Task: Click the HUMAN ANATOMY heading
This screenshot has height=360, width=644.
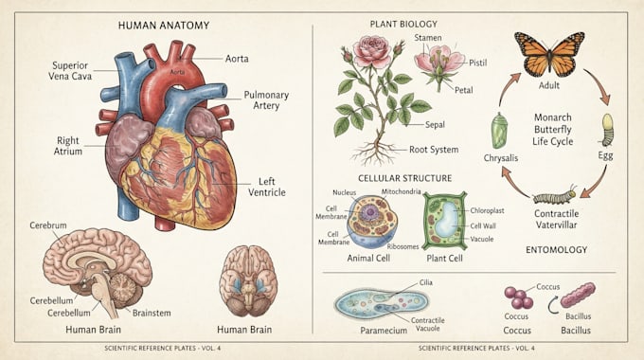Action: click(164, 26)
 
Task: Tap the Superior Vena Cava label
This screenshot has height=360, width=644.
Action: click(70, 71)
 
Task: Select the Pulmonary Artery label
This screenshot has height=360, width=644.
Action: click(266, 99)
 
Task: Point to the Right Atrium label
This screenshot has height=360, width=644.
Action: click(68, 146)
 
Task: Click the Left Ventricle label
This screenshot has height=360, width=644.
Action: click(266, 187)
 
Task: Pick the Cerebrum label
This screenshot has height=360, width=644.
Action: click(48, 225)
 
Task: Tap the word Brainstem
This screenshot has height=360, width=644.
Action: click(152, 313)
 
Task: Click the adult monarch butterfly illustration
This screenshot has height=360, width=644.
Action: click(549, 54)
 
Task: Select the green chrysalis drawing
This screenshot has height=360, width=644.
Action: click(499, 131)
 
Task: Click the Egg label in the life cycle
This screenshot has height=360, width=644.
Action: click(605, 155)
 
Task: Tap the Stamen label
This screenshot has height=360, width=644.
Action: click(428, 38)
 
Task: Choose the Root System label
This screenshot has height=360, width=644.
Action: click(434, 150)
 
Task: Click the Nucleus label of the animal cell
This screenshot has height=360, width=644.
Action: click(344, 192)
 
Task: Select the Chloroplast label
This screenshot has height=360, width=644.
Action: click(487, 210)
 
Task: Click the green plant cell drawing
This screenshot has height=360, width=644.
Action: click(445, 221)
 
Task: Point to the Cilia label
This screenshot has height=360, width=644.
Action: click(426, 282)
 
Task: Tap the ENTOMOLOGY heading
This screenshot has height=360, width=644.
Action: click(557, 249)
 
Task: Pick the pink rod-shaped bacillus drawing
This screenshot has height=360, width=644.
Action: click(578, 295)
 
